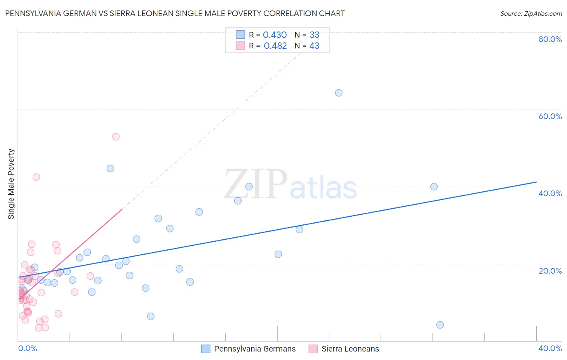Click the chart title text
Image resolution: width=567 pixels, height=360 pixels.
[175, 13]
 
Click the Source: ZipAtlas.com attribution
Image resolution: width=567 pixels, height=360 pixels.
[531, 14]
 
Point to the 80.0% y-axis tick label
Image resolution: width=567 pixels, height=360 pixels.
[550, 39]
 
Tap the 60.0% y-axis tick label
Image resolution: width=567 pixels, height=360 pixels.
[550, 116]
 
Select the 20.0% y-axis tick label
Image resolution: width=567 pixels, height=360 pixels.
[550, 271]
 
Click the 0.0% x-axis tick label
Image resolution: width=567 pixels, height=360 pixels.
[27, 348]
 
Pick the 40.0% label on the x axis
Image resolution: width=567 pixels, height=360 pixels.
[550, 348]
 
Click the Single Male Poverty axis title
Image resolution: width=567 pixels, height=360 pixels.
[11, 184]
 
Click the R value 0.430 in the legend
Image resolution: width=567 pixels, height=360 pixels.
[275, 35]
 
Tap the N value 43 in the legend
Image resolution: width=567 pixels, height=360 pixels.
[314, 46]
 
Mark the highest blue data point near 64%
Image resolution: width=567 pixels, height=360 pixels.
[339, 93]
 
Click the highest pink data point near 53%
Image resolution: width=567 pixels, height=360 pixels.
[116, 137]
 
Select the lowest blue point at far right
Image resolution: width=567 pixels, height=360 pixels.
[440, 325]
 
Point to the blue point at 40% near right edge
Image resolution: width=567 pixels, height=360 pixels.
[434, 186]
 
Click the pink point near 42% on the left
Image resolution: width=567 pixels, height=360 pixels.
[36, 177]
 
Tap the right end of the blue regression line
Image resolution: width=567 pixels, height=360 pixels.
[536, 182]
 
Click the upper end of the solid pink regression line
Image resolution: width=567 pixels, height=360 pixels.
[122, 209]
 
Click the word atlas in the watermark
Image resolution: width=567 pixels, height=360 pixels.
[323, 188]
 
